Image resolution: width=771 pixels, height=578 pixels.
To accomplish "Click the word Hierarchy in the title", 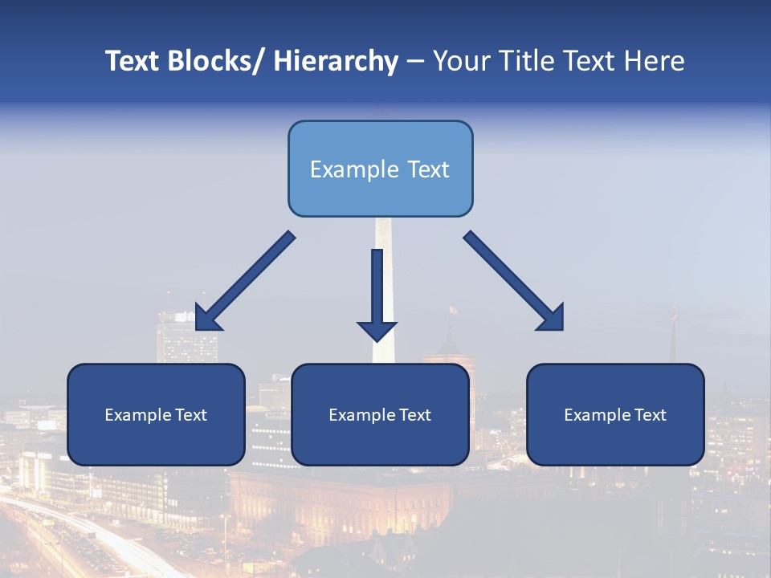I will click(336, 62).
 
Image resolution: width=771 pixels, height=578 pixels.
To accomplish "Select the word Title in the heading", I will click(520, 62).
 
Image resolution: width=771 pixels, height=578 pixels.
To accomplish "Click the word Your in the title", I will click(462, 62).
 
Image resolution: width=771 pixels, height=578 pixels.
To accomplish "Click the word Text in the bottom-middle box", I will click(414, 415).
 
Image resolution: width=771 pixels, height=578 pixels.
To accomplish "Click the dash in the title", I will click(415, 62).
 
